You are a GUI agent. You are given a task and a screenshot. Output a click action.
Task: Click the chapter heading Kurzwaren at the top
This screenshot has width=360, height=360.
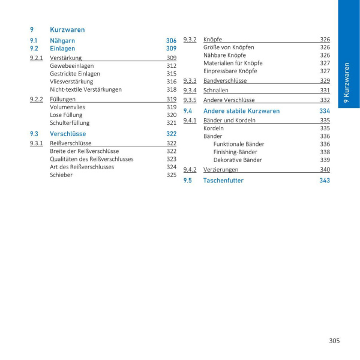(x=67, y=29)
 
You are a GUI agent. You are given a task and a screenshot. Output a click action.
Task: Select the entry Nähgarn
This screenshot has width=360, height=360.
(x=62, y=41)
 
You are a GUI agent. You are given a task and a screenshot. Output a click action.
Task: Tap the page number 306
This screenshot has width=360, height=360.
(x=171, y=41)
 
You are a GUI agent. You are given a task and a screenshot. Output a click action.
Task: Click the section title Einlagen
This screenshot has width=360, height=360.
(x=62, y=49)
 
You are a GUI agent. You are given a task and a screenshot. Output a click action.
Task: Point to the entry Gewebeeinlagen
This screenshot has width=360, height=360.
(x=71, y=66)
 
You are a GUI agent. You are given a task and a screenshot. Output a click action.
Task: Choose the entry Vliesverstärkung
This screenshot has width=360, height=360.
(x=71, y=82)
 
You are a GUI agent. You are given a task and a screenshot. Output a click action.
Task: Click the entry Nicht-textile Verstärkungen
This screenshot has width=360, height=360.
(x=86, y=89)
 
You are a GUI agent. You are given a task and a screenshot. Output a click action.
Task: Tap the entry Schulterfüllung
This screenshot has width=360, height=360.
(x=70, y=122)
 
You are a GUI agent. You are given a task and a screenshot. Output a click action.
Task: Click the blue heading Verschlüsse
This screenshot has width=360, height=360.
(x=68, y=134)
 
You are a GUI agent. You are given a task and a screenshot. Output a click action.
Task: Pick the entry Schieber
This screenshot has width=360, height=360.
(x=61, y=175)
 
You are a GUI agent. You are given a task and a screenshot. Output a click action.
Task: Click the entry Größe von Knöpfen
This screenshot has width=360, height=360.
(x=229, y=47)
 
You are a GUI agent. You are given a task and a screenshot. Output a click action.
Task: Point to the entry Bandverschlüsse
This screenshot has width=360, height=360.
(x=225, y=80)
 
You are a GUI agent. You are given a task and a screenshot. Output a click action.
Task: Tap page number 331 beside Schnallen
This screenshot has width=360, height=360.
(x=325, y=90)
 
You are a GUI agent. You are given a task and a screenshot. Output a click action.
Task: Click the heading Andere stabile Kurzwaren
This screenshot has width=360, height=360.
(x=241, y=111)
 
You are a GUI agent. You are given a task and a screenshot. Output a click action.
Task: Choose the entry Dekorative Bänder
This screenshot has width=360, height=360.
(x=238, y=160)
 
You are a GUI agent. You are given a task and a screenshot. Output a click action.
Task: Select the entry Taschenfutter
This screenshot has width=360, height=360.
(x=223, y=181)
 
